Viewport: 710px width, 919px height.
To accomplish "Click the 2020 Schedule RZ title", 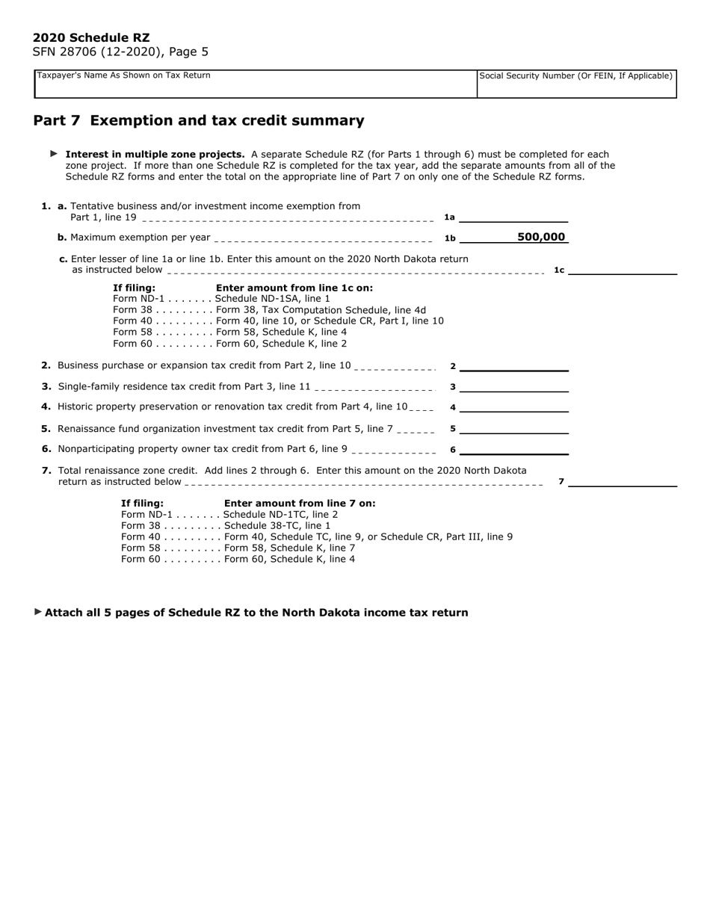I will click(91, 37).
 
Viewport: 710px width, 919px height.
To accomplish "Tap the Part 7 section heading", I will click(199, 121).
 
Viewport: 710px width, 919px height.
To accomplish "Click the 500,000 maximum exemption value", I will click(541, 237).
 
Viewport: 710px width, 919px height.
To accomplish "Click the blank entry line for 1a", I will click(514, 217).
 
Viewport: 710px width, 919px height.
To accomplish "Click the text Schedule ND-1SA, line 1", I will click(272, 299).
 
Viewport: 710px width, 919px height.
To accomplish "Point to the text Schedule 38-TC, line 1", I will click(277, 526).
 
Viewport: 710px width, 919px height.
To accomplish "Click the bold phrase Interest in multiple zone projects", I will click(155, 155).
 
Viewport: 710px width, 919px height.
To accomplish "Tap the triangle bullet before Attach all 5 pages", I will click(38, 612).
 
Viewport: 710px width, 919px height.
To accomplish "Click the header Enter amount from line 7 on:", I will click(300, 504).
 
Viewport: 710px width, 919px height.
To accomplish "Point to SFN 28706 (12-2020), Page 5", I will click(120, 52).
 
